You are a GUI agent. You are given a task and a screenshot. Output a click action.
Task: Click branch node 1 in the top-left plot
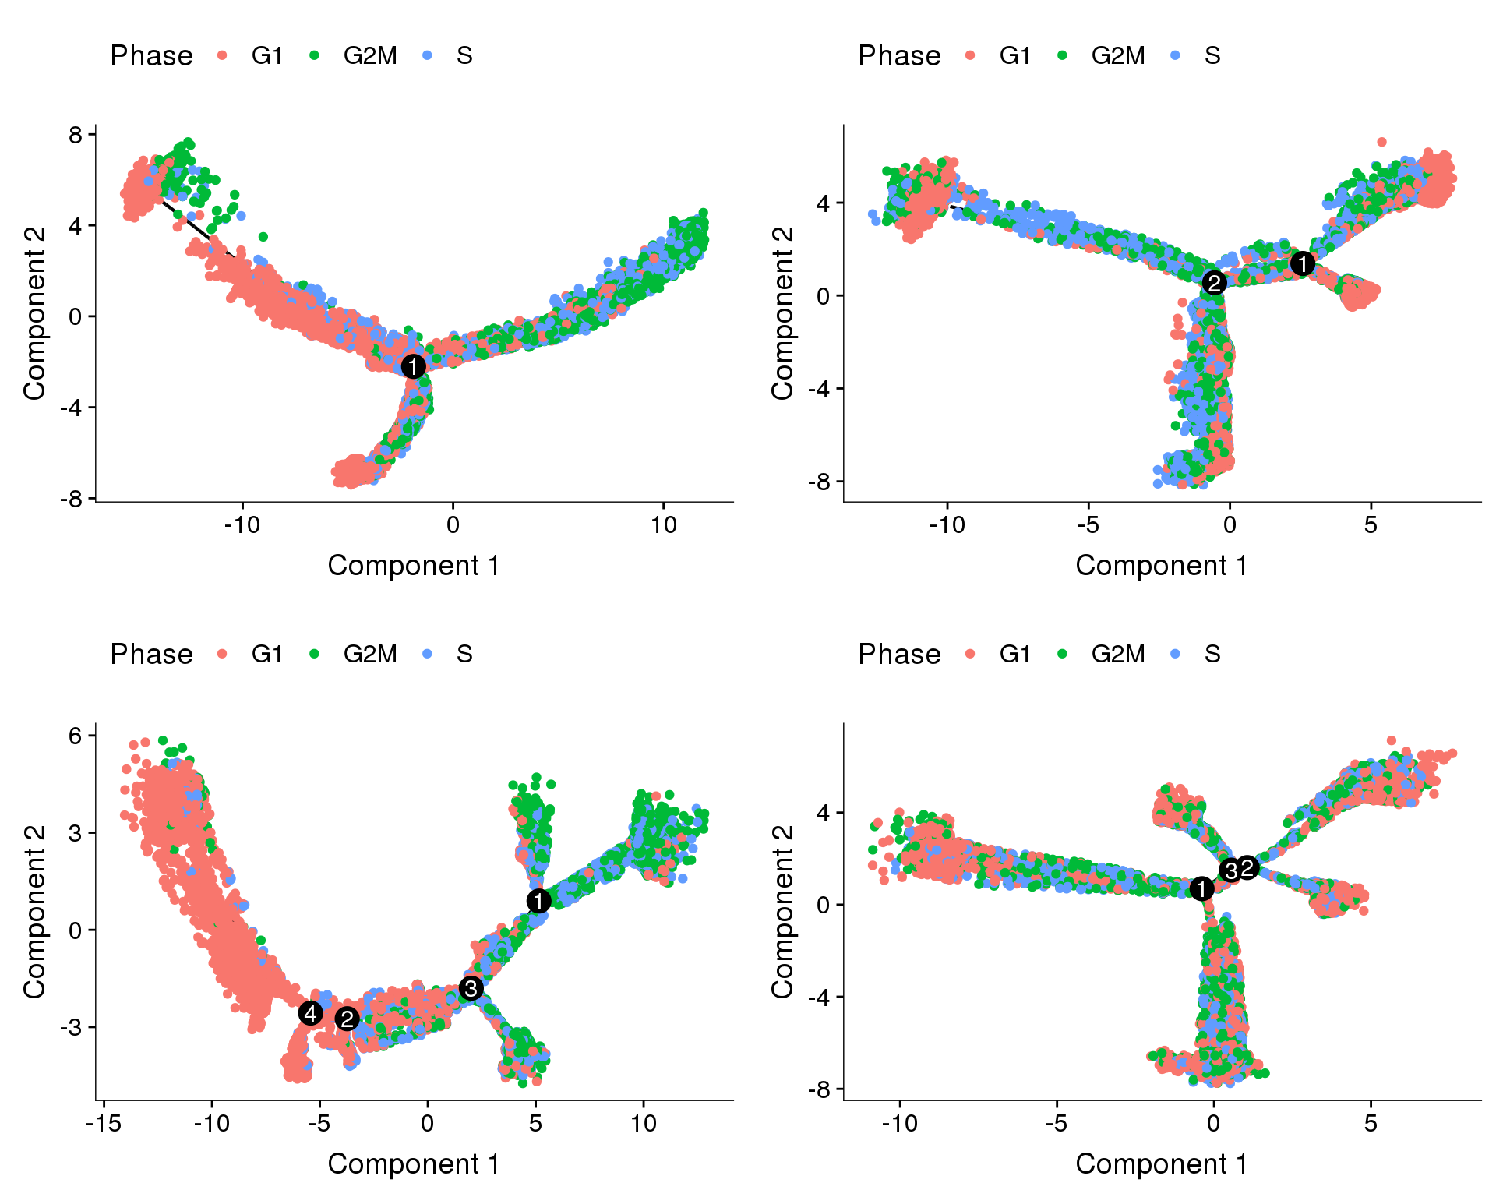pyautogui.click(x=413, y=365)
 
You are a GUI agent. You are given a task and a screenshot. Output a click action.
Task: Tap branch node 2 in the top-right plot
pyautogui.click(x=1214, y=282)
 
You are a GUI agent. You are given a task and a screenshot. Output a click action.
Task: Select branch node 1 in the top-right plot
pyautogui.click(x=1302, y=263)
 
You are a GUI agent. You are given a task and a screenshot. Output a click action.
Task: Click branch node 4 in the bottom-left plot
pyautogui.click(x=310, y=1013)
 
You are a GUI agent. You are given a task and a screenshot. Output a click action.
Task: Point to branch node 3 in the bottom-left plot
pyautogui.click(x=471, y=988)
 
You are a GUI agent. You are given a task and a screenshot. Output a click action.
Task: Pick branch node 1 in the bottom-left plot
pyautogui.click(x=538, y=901)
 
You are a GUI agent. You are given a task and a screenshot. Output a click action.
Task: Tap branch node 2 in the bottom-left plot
pyautogui.click(x=347, y=1019)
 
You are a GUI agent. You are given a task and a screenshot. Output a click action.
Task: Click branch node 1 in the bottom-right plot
pyautogui.click(x=1201, y=888)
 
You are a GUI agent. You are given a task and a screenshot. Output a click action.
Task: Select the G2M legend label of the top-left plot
pyautogui.click(x=370, y=55)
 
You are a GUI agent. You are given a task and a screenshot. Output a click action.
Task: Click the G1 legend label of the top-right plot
pyautogui.click(x=1015, y=55)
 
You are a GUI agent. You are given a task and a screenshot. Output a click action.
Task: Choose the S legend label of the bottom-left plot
pyautogui.click(x=464, y=654)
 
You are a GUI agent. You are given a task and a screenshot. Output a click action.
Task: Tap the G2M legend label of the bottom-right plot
pyautogui.click(x=1118, y=654)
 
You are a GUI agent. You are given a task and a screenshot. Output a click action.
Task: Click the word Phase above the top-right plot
pyautogui.click(x=899, y=55)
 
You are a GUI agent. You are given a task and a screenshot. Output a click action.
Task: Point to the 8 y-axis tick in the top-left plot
pyautogui.click(x=76, y=135)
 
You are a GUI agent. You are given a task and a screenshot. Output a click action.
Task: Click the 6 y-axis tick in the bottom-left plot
pyautogui.click(x=76, y=736)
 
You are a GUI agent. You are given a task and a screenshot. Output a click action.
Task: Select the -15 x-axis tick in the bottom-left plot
pyautogui.click(x=104, y=1123)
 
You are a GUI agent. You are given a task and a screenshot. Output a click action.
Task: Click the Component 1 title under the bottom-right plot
pyautogui.click(x=1161, y=1163)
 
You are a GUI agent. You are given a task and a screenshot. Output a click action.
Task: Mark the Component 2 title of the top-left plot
pyautogui.click(x=34, y=313)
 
